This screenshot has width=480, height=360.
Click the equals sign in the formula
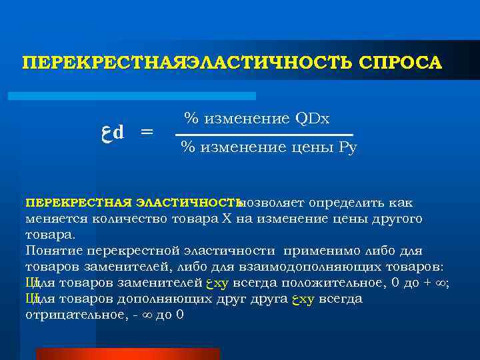point(145,132)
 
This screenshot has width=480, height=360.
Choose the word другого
point(397,219)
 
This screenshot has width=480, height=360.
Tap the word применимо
point(319,251)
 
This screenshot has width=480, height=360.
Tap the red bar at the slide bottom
point(127,353)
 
